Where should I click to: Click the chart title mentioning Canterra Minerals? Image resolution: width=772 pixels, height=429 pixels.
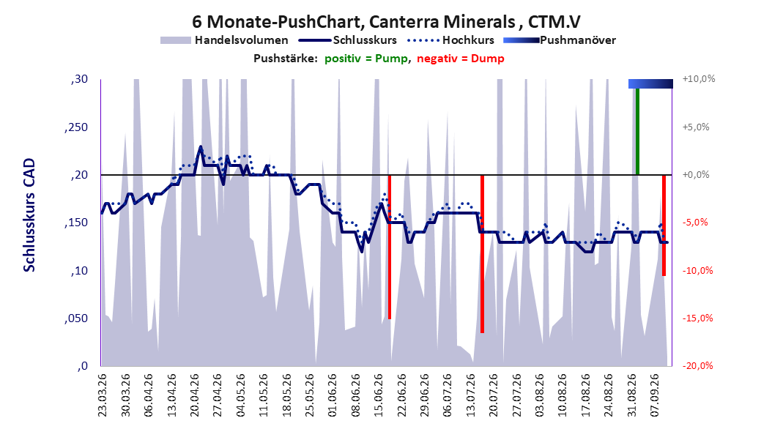tap(386, 22)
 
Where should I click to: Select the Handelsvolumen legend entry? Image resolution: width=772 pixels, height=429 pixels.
tap(225, 40)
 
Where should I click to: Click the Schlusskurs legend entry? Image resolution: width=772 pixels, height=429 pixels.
tap(348, 40)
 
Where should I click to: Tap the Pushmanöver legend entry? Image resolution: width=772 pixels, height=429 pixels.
tap(560, 40)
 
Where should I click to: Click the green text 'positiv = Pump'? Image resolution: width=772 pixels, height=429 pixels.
tap(366, 59)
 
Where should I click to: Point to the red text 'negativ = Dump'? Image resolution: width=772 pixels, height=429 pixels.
tap(461, 59)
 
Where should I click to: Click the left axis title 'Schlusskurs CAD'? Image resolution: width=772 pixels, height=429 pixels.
tap(29, 215)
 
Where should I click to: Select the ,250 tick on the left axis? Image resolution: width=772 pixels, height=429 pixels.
tap(76, 127)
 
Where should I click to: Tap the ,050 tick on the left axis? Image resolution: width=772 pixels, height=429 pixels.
tap(76, 318)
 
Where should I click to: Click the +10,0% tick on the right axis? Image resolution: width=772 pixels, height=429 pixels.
tap(699, 79)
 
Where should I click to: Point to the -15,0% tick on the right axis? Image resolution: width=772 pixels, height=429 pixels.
tap(697, 318)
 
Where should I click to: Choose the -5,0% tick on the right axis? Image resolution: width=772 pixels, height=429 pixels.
tap(695, 223)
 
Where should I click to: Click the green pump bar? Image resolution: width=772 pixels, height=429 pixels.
tap(637, 131)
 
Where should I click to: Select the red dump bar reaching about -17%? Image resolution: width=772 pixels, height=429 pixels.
tap(483, 254)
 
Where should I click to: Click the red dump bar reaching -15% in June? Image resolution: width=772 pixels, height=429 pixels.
tap(390, 247)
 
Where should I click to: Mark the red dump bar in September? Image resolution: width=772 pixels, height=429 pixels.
tap(664, 225)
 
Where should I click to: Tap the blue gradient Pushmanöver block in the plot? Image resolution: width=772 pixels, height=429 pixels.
tap(650, 83)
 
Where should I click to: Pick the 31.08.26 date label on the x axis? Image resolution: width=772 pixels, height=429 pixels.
tap(631, 395)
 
